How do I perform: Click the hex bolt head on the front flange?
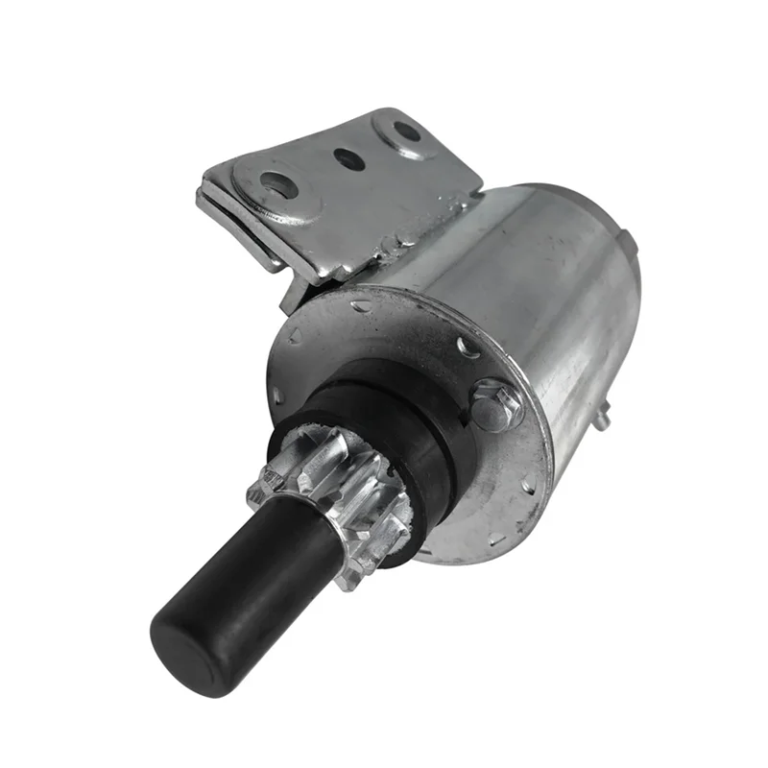coord(496,404)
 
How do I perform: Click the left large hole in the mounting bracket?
coord(279,182)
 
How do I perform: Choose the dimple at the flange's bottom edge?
coord(496,538)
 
